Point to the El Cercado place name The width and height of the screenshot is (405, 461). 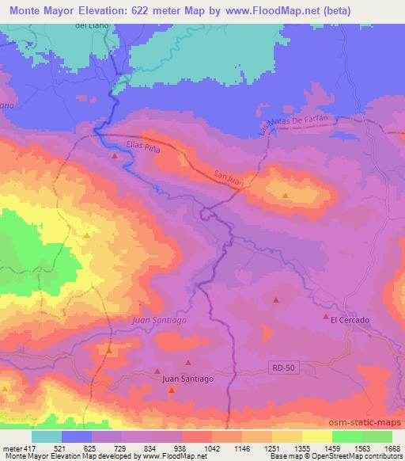coord(350,320)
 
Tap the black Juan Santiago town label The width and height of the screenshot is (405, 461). coord(187,379)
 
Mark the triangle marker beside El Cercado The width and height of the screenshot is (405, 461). coord(325,317)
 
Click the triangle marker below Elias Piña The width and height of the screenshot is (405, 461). coord(115,156)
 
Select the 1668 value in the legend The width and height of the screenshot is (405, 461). coord(392,449)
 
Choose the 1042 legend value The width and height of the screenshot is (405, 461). coord(212,449)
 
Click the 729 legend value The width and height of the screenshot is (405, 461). coord(121,449)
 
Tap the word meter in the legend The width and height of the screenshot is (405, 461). coord(13,449)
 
